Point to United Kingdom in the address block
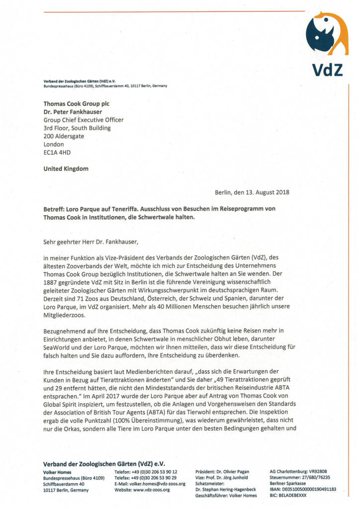[66, 169]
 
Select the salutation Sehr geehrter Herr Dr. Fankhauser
[90, 242]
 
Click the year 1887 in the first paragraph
[52, 282]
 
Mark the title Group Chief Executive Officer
[84, 120]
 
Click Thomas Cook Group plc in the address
[76, 104]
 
